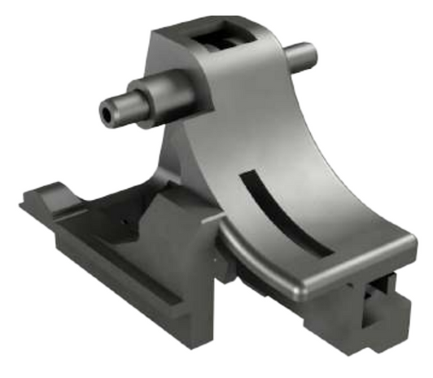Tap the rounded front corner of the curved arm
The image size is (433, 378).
pos(304,285)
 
